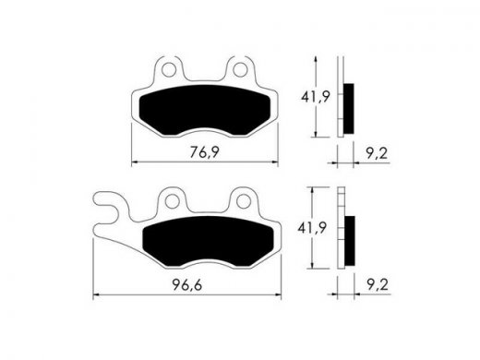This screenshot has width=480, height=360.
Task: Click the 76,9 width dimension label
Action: pyautogui.click(x=204, y=152)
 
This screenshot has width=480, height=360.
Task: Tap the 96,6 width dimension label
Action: pyautogui.click(x=187, y=285)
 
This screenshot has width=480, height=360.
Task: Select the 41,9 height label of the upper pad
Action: pyautogui.click(x=316, y=97)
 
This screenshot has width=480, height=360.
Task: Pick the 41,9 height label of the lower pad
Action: pyautogui.click(x=312, y=228)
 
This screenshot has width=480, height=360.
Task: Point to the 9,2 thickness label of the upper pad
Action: pyautogui.click(x=377, y=153)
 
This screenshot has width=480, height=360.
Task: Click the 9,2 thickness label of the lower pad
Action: pyautogui.click(x=378, y=285)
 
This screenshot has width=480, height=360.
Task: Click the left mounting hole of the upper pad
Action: pyautogui.click(x=169, y=70)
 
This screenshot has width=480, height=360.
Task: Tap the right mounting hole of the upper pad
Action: pyautogui.click(x=240, y=70)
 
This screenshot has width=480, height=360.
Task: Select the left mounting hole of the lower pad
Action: pyautogui.click(x=172, y=202)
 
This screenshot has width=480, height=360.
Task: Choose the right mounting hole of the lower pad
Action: pyautogui.click(x=244, y=201)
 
